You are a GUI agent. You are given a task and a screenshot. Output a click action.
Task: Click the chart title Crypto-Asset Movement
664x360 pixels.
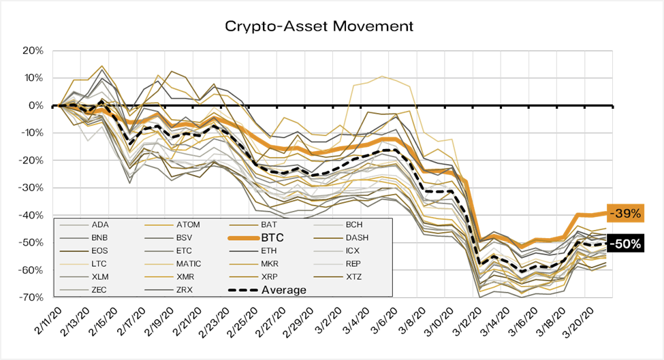tap(319, 27)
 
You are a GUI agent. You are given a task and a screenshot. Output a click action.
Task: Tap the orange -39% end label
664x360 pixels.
tap(625, 213)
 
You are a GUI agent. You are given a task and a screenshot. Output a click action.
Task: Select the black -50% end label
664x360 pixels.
tap(625, 243)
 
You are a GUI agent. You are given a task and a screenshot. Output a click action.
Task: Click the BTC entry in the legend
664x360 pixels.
tap(273, 238)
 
